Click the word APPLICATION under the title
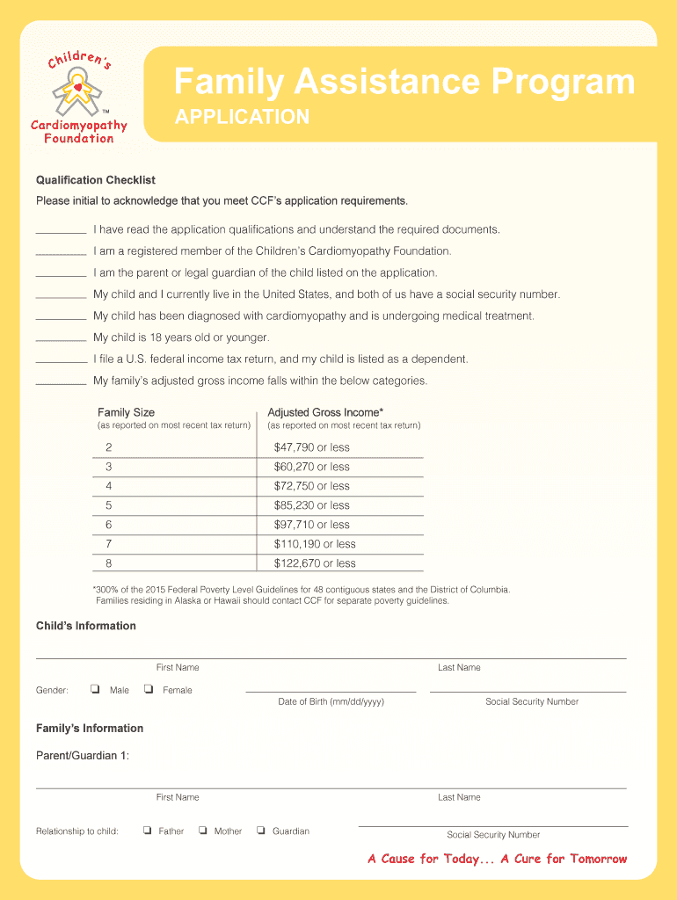tap(242, 117)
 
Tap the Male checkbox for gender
tap(94, 690)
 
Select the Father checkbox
tap(148, 831)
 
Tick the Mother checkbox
tap(203, 831)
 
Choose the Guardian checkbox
tap(261, 831)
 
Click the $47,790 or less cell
tap(312, 447)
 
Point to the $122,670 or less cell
tap(315, 563)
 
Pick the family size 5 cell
tap(109, 505)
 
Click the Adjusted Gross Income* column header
tap(325, 412)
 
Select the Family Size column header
tap(126, 412)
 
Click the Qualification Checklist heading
tap(96, 180)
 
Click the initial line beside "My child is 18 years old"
tap(61, 340)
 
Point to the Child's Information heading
tap(86, 626)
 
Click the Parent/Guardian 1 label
tap(83, 756)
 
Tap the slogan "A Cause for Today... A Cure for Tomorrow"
tap(498, 859)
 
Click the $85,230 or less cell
tap(312, 505)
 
